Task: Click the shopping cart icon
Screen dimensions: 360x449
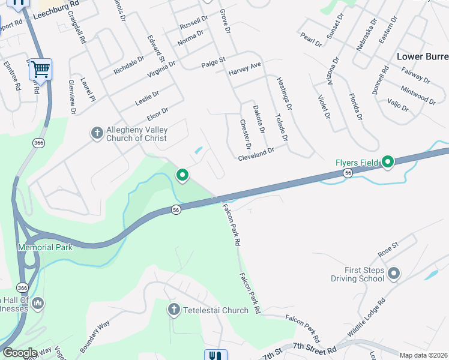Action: pos(40,69)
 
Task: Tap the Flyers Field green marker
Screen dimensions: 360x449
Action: pos(388,162)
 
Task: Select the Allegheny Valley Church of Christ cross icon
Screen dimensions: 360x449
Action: pos(96,133)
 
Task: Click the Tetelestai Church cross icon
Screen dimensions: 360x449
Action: pos(173,310)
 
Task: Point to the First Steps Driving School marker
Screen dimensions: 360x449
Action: pos(393,274)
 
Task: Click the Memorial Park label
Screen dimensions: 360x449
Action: pos(46,247)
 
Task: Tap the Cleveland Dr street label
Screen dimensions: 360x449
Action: pos(256,154)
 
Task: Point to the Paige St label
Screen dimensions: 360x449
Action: pos(213,61)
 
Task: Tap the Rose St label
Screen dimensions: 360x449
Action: pos(388,246)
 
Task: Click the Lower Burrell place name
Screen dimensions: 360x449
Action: pos(423,56)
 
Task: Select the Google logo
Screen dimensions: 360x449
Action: pos(19,353)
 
